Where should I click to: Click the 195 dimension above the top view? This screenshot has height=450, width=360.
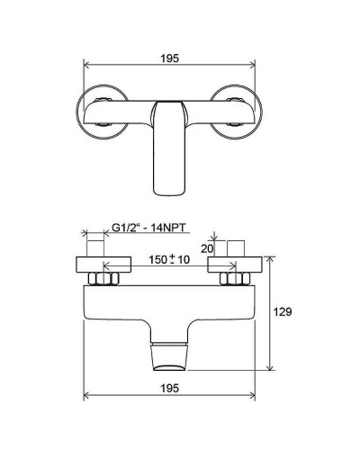coord(174,58)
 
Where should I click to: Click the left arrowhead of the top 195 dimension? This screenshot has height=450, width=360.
coord(86,66)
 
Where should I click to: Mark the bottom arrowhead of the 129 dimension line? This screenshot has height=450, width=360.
coord(274,366)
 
